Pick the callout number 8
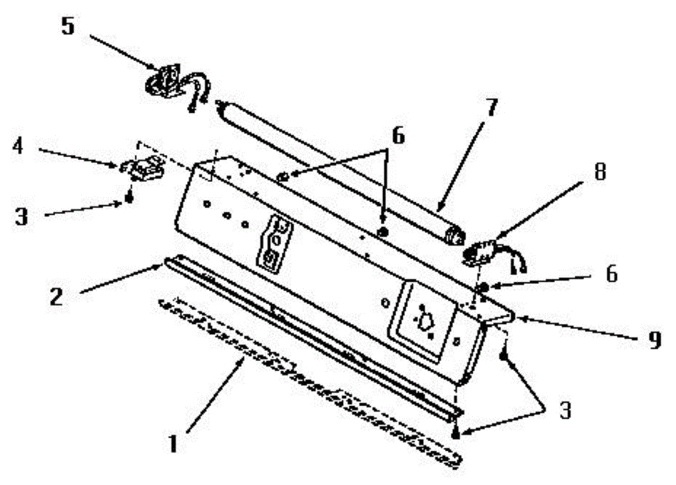[x=601, y=172]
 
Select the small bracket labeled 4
[x=141, y=167]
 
